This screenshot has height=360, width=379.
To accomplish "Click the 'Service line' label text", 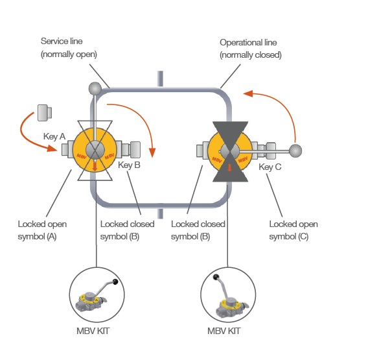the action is [62, 41].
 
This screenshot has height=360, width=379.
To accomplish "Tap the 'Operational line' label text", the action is [248, 43].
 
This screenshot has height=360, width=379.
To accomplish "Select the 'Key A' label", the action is [54, 136].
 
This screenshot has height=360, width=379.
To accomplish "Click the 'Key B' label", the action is [129, 165].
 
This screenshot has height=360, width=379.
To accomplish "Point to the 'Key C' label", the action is [270, 167].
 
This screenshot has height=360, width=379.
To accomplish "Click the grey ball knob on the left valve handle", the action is [95, 89].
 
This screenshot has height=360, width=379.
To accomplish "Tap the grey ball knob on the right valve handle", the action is [295, 150].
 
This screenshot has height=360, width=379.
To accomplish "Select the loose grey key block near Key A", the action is [45, 112].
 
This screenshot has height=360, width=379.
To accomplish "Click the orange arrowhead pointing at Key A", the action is [52, 148].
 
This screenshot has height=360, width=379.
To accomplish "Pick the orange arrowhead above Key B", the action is [152, 152].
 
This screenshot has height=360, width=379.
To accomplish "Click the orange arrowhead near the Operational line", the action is [248, 93].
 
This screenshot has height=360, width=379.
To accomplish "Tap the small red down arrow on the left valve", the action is [95, 166].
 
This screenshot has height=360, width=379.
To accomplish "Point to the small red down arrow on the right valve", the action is [229, 167].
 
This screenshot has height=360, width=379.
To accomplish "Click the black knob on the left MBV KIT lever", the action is [115, 282].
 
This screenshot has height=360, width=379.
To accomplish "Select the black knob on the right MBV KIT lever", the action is [216, 277].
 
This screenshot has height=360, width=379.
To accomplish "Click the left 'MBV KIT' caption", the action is [93, 331].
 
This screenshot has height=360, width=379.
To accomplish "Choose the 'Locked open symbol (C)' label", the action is [293, 230].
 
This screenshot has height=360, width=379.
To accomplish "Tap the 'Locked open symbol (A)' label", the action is [42, 230].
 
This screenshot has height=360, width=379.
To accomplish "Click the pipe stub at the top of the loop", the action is [160, 78].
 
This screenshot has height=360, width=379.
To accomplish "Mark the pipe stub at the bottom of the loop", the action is [160, 213].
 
